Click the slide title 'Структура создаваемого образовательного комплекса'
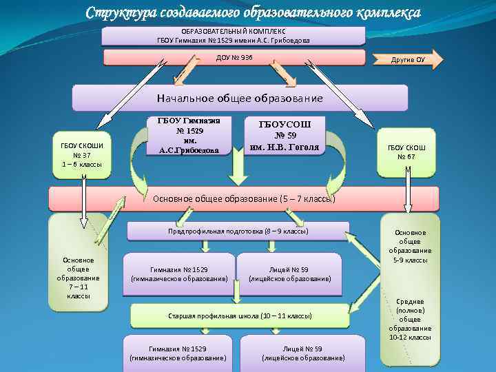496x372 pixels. (x=253, y=13)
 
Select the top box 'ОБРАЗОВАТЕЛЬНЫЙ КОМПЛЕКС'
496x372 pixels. (x=234, y=36)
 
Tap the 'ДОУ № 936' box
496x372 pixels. (x=234, y=57)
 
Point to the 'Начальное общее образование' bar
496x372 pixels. (x=240, y=99)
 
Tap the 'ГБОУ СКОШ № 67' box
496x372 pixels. (x=407, y=152)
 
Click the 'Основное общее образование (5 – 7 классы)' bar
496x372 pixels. (x=244, y=198)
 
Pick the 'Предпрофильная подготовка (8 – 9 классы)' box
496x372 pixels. (x=238, y=231)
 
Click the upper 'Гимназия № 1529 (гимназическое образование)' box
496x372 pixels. (x=179, y=273)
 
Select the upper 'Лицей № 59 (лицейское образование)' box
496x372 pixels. (x=289, y=273)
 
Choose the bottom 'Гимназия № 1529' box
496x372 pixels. (x=178, y=353)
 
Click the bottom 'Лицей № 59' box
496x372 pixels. (x=303, y=353)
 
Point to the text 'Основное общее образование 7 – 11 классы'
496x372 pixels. (x=78, y=278)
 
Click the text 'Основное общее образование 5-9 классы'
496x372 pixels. (x=410, y=247)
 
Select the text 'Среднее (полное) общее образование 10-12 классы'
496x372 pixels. (x=410, y=319)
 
